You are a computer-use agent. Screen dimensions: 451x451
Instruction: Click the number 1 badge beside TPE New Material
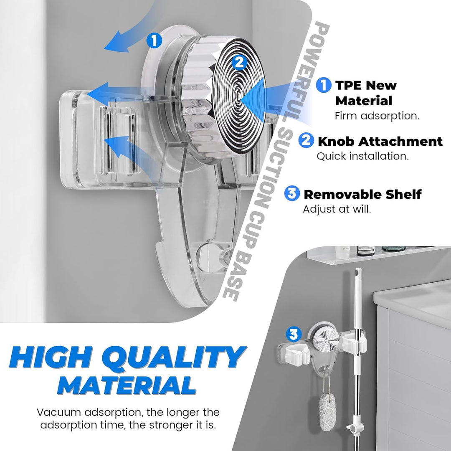(x=324, y=85)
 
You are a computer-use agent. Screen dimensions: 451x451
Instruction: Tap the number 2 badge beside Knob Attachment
(x=306, y=140)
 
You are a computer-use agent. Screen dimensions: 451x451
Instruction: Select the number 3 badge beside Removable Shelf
(x=292, y=193)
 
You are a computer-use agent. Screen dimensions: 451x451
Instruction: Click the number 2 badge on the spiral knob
(x=239, y=62)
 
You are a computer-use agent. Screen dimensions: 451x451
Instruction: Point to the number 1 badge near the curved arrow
(x=155, y=40)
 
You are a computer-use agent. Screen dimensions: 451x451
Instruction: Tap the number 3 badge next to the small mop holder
(x=294, y=334)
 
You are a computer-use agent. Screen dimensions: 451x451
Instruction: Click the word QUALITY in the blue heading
(x=174, y=357)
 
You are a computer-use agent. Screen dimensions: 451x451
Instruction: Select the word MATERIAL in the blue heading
(x=127, y=385)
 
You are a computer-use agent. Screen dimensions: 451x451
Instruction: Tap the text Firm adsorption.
(x=377, y=116)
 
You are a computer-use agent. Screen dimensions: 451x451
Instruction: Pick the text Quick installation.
(x=363, y=156)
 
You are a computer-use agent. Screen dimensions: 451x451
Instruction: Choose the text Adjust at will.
(x=337, y=209)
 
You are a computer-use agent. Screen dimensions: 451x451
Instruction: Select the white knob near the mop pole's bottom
(x=352, y=428)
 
